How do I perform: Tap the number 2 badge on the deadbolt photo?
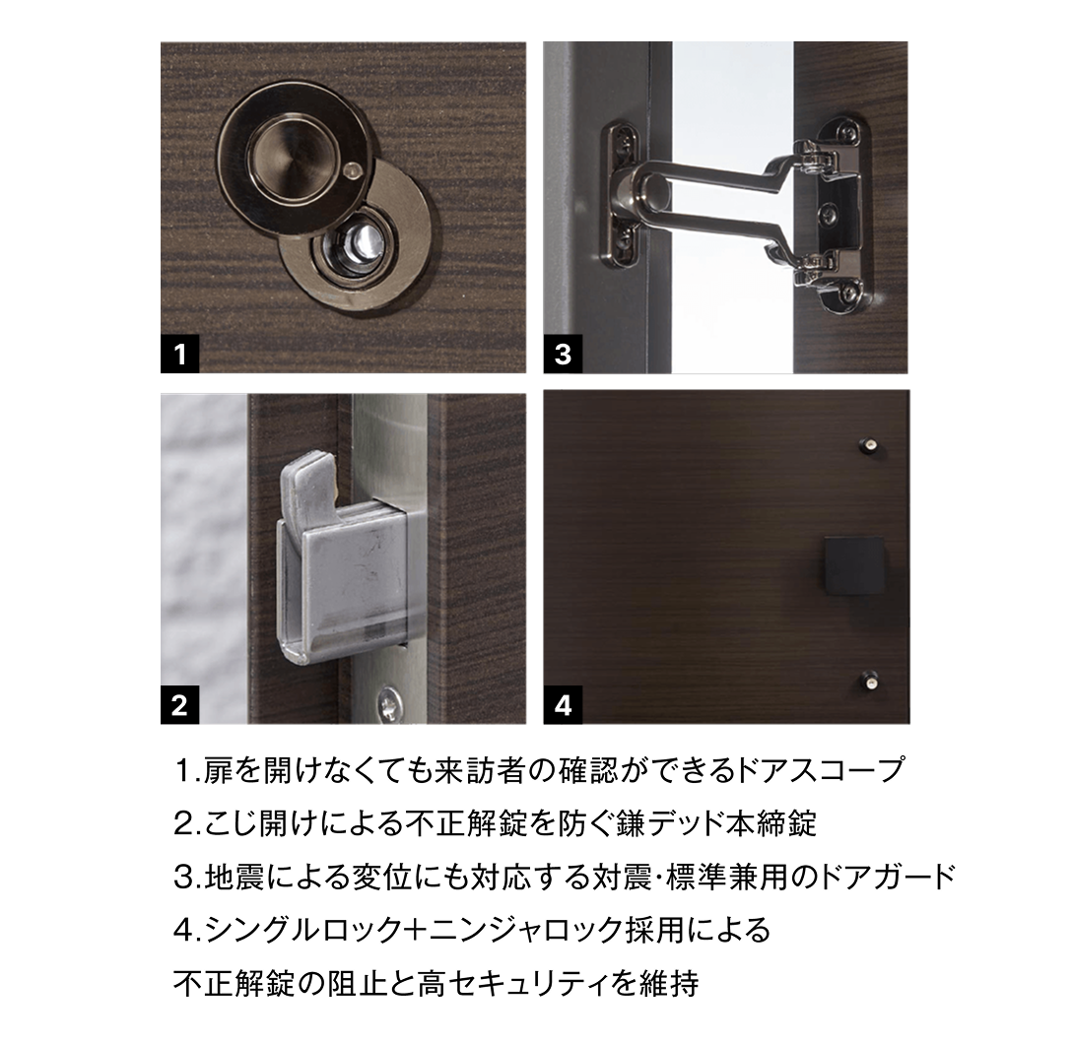[x=180, y=705]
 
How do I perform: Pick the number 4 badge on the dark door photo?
[x=563, y=705]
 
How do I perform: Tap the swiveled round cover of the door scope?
[x=283, y=155]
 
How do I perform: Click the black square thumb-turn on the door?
[x=853, y=567]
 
